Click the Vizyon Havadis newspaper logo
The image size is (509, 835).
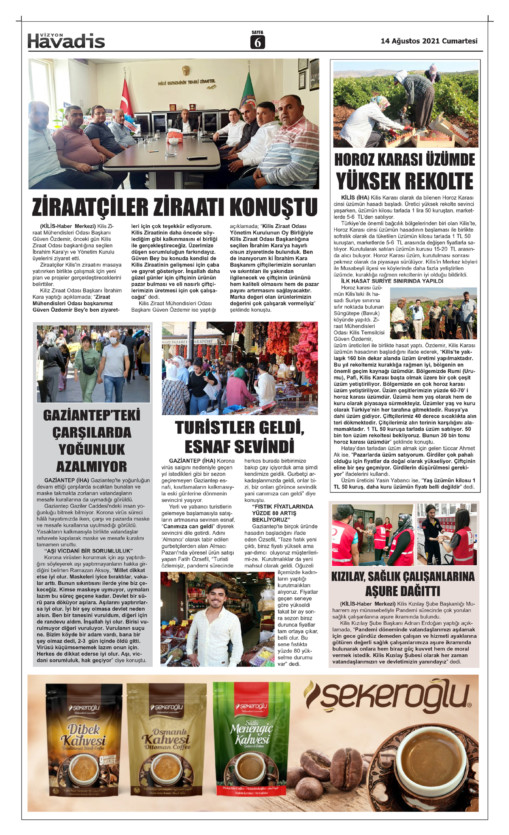coord(66,41)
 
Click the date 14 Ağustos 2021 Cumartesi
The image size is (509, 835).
coord(429,41)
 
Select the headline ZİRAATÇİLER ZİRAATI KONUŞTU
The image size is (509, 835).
coord(175,207)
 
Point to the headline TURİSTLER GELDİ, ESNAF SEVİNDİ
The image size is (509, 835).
coord(240,437)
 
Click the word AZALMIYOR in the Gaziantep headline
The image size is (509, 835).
coord(92,466)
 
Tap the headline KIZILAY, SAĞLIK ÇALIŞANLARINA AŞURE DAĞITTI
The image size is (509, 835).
coord(403,584)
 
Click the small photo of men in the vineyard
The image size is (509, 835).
coord(433,313)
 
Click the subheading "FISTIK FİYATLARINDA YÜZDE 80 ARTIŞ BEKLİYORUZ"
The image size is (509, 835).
coord(282,513)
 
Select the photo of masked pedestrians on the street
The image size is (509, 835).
coord(93,363)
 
